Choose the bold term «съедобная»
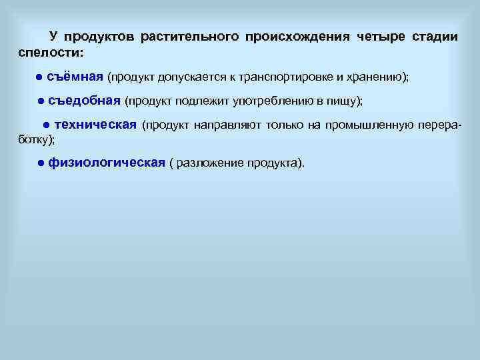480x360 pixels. [x=84, y=101]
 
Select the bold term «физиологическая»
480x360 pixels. [x=107, y=163]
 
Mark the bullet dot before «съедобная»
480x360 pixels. [x=41, y=101]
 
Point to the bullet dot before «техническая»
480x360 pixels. [x=46, y=125]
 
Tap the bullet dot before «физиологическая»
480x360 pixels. [x=41, y=164]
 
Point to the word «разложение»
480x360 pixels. [x=209, y=164]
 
